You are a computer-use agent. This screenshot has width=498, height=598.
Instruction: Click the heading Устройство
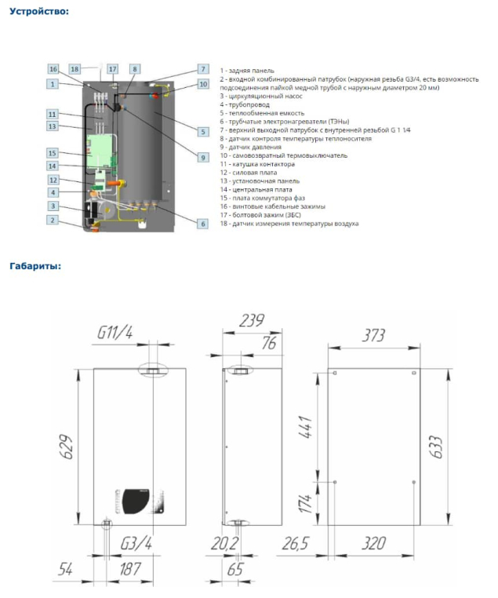click(38, 12)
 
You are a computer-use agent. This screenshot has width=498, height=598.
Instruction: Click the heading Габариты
click(35, 265)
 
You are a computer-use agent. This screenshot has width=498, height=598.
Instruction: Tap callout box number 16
click(53, 69)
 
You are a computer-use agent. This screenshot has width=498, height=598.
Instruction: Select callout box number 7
click(202, 69)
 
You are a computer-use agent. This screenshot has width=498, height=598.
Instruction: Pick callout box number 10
click(202, 84)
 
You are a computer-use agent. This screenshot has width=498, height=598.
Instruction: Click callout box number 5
click(202, 132)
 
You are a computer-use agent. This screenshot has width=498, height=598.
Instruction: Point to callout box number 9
click(202, 157)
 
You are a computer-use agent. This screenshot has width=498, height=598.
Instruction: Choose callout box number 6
click(202, 224)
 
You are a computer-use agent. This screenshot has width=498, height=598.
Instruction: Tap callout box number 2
click(53, 221)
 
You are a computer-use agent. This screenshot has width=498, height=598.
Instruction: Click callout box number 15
click(53, 152)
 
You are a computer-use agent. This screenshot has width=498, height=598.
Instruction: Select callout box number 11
click(53, 114)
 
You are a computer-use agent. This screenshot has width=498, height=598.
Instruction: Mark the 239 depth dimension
click(251, 320)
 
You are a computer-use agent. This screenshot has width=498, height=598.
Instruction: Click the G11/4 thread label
click(115, 333)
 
